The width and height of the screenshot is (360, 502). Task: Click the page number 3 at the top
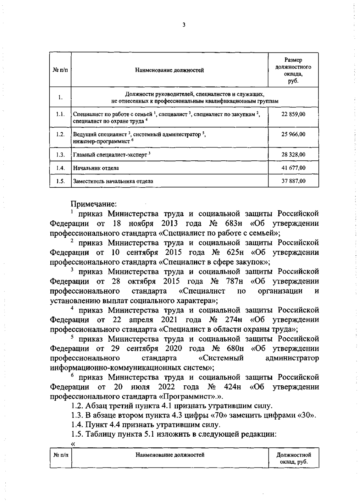click(184, 25)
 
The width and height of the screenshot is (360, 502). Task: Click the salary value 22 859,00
click(293, 114)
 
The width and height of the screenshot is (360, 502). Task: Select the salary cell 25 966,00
click(293, 134)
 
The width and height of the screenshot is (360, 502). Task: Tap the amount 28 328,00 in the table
click(293, 155)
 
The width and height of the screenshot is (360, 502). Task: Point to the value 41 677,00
click(293, 168)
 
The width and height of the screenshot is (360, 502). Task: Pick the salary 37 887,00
click(293, 181)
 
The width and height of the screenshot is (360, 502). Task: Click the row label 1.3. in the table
click(60, 155)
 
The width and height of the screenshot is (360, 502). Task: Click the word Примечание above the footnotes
click(93, 204)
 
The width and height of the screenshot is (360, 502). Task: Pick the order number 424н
click(232, 387)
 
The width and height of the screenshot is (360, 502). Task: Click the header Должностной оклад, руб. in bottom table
click(293, 458)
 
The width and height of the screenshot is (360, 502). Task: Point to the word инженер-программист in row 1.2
click(100, 141)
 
